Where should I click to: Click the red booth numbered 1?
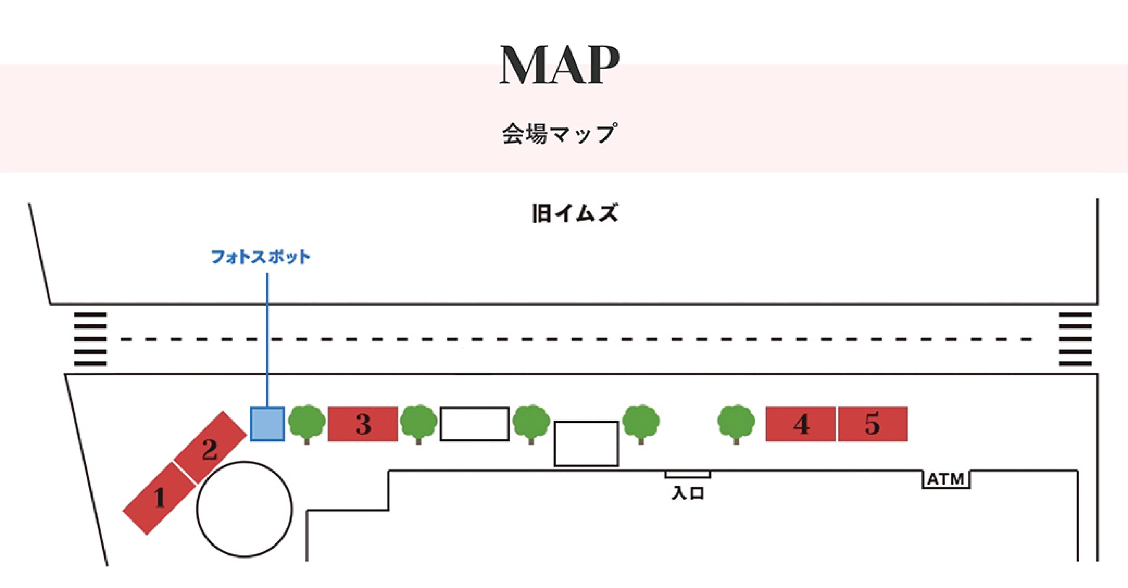coord(158,499)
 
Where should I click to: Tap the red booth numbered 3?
coord(363,424)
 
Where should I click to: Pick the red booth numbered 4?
coord(801,424)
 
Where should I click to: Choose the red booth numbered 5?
coord(873,424)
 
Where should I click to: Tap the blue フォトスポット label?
coord(261,257)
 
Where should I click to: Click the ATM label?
coord(946,479)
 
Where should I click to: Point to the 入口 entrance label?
coord(688,493)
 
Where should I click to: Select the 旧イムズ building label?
coord(574,214)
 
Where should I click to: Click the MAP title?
coord(560,65)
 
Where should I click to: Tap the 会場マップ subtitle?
coord(560,134)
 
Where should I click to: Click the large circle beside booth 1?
coord(244,509)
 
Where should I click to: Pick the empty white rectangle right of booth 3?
coord(475,424)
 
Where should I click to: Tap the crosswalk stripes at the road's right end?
coord(1075,339)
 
